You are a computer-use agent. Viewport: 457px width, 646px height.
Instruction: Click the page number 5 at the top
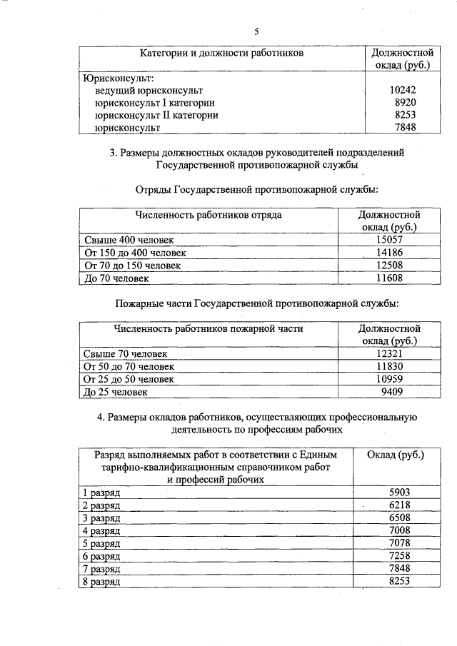tap(256, 30)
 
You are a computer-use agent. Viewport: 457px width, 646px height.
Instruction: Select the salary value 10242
tap(403, 91)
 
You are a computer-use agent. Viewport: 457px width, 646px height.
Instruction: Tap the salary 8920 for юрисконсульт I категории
tap(403, 103)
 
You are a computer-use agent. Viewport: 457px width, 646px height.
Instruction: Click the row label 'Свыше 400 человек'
tap(129, 240)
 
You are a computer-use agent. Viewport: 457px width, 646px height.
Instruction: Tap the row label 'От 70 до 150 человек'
tap(132, 266)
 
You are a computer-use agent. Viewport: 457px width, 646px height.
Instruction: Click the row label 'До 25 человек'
tap(116, 392)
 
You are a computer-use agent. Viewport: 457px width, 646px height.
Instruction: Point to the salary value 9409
tap(392, 392)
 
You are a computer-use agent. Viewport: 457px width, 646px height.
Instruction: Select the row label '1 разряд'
tap(103, 493)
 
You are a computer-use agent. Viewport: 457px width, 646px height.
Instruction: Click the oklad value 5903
tap(400, 493)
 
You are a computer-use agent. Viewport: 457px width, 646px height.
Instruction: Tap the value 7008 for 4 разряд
tap(400, 531)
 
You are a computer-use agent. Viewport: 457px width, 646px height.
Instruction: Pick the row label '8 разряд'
tap(103, 582)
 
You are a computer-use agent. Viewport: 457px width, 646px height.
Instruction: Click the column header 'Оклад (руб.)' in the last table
tap(395, 455)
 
